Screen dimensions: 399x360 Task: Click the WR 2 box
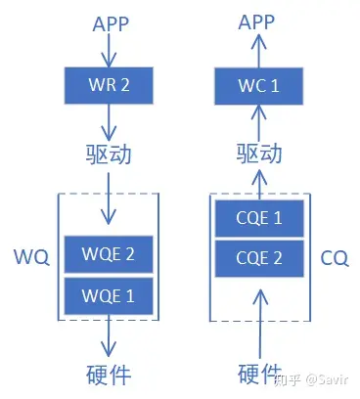110,86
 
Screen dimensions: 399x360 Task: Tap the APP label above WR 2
110,22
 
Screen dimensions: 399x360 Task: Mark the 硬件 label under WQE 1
110,374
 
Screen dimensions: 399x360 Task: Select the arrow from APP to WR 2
110,52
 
